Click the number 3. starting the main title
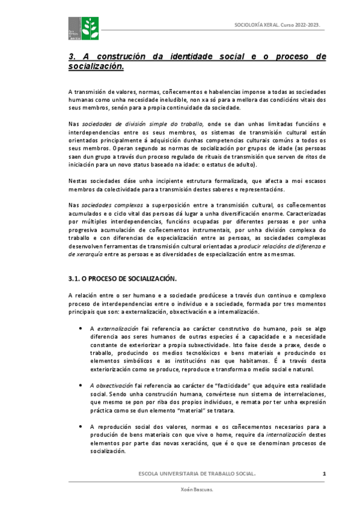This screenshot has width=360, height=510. click(72, 57)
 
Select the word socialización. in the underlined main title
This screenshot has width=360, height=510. click(96, 66)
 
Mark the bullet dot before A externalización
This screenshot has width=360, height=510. click(81, 329)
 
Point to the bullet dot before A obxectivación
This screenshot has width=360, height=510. click(81, 385)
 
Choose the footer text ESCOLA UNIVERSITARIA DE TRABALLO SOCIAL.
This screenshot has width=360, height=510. click(197, 475)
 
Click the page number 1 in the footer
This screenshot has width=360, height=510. click(324, 475)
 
